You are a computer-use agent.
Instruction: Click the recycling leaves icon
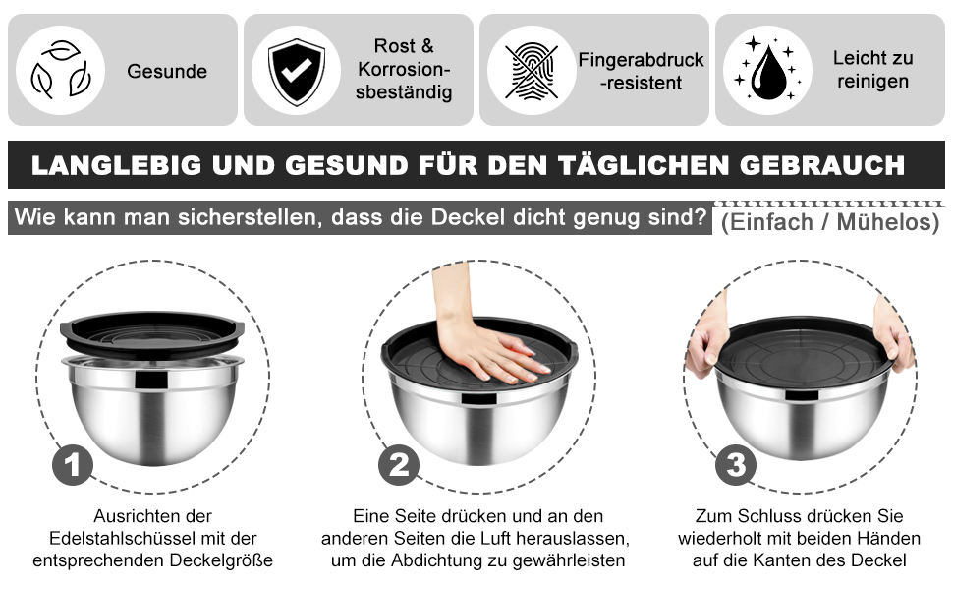60,70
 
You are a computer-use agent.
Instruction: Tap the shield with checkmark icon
296,71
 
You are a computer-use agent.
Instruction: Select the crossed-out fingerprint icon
532,71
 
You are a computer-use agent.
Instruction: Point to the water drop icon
767,70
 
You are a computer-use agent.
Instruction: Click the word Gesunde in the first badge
167,71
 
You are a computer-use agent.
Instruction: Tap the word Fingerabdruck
641,60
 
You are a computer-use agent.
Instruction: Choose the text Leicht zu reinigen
872,70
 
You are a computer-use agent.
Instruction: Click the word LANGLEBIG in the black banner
116,165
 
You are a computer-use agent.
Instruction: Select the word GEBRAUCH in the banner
822,165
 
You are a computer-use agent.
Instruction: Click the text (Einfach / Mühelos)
830,222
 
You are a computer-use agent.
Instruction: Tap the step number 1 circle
73,465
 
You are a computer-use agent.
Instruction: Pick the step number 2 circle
399,465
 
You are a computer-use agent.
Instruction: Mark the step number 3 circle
736,465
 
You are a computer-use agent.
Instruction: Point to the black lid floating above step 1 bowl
152,333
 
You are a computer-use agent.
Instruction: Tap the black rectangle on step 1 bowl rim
151,381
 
